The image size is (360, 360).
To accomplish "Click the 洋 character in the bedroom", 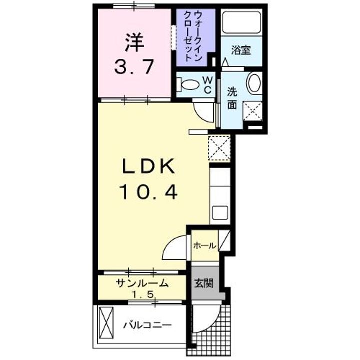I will click(134, 43).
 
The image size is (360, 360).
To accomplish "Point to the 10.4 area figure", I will click(148, 191).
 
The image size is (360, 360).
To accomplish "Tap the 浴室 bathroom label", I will click(241, 50).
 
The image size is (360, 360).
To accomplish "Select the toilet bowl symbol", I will click(190, 85).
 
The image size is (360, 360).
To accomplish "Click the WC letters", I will click(209, 84).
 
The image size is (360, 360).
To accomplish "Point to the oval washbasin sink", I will click(254, 83).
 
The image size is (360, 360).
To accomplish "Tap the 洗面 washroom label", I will click(233, 98).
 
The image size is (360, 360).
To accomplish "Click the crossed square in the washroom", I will click(252, 110).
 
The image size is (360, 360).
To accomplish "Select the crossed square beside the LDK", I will click(219, 148).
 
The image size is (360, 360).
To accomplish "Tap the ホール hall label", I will click(205, 246).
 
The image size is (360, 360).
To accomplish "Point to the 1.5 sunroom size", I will click(142, 295).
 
